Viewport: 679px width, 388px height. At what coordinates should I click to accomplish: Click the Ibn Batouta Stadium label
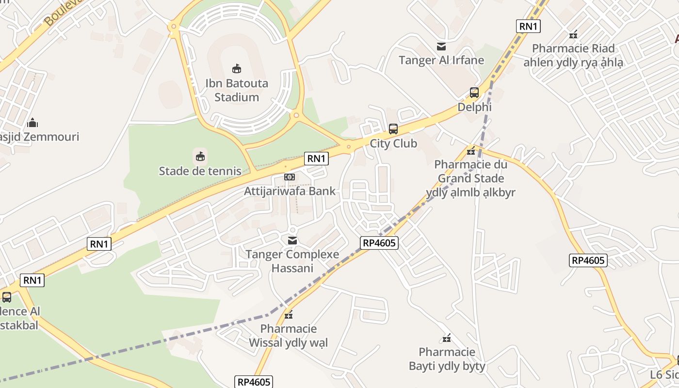point(237,90)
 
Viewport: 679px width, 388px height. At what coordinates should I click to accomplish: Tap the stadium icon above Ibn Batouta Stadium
point(237,69)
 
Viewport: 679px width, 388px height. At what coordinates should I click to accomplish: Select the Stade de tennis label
point(200,171)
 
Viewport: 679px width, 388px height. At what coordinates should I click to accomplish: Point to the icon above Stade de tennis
point(200,156)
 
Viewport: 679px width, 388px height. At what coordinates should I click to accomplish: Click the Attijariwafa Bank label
point(290,191)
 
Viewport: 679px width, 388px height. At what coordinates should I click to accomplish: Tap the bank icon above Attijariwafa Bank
point(290,177)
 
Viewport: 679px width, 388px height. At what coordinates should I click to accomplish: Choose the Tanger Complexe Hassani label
point(292,261)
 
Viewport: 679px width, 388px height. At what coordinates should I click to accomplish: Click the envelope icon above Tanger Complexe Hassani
point(292,240)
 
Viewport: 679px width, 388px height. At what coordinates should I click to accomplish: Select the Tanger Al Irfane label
point(441,60)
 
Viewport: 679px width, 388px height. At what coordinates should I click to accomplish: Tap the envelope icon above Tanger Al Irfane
point(441,47)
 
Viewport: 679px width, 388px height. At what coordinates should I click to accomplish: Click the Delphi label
point(474,107)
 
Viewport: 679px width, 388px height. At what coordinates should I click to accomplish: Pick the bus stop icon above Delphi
point(474,93)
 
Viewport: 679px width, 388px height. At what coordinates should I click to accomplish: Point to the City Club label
point(393,144)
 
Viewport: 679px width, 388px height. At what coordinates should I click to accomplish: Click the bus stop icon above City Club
point(393,129)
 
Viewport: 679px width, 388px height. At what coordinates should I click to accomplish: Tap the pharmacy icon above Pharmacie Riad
point(573,34)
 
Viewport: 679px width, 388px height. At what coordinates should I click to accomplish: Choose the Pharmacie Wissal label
point(289,336)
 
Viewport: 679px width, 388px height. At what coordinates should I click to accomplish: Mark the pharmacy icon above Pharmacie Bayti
point(447,338)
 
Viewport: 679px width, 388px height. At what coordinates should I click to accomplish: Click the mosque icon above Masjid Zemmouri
point(32,122)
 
